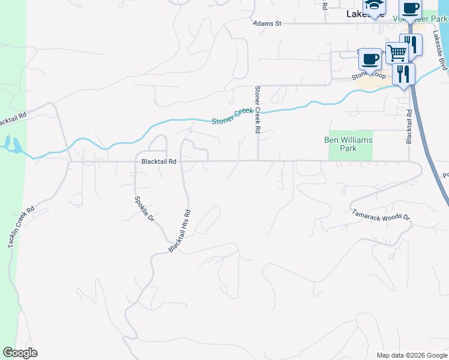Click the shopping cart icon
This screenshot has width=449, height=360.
pos(396,52)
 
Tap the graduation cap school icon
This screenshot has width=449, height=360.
pos(373,5)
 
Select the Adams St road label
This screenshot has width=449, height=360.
pos(267,23)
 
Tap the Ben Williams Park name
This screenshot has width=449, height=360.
pos(348,144)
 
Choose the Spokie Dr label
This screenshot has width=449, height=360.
pos(145,209)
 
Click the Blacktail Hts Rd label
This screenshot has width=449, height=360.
pos(179,230)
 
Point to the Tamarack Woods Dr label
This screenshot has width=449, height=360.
pos(381,214)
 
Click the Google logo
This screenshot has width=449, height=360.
pos(20,353)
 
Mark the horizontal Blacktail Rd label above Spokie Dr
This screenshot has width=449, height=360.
pos(158,161)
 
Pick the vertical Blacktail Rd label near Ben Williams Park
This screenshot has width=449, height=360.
pos(409,126)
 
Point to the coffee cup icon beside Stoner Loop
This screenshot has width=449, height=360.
pos(370,58)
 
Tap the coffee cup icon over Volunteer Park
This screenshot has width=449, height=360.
pos(411,8)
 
